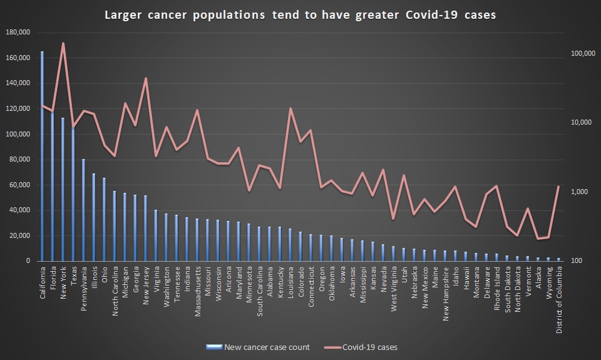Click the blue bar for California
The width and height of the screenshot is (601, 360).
(42, 157)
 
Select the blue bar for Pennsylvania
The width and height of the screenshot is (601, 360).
(83, 210)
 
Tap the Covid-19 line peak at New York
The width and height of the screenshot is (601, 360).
(63, 43)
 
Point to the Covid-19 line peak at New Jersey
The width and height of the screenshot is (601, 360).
(145, 78)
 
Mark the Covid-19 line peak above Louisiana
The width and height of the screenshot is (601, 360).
(290, 108)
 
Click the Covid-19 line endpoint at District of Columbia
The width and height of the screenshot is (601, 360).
(558, 187)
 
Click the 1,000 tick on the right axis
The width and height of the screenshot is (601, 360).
(582, 192)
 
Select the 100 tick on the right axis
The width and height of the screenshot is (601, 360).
(578, 261)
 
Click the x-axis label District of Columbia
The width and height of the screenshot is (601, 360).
(558, 301)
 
